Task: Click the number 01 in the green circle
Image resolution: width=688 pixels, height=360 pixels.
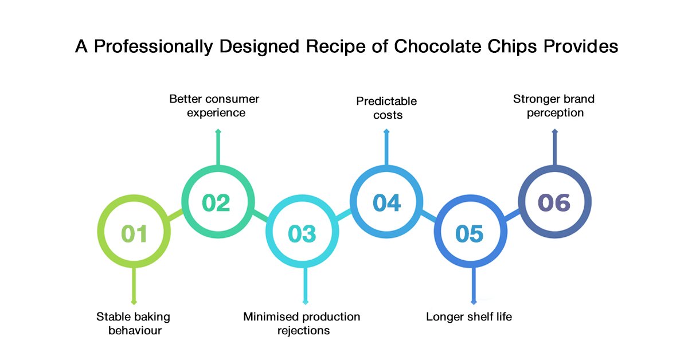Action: [134, 234]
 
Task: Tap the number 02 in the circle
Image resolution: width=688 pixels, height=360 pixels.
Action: [216, 203]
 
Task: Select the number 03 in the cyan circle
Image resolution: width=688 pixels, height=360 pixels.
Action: [302, 234]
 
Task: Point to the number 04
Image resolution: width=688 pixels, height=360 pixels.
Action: [386, 203]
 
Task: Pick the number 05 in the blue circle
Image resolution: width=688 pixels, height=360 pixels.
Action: [470, 234]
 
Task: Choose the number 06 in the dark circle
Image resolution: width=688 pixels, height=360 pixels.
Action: [554, 203]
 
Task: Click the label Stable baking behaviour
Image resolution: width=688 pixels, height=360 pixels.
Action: [133, 323]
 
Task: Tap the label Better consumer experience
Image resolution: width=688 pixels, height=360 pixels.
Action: [214, 105]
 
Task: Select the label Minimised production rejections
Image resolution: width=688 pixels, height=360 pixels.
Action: [302, 323]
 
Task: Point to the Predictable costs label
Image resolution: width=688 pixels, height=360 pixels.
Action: [386, 108]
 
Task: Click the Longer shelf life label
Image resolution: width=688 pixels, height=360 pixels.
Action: [469, 316]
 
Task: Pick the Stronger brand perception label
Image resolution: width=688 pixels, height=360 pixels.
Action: [554, 105]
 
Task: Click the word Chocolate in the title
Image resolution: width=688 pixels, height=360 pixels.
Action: [437, 46]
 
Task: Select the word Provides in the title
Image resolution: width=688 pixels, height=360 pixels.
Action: [581, 46]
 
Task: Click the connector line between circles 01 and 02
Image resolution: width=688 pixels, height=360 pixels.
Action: [175, 215]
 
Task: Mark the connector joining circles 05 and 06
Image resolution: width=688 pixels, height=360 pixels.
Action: [512, 216]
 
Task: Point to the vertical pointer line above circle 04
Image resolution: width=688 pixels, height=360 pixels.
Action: [386, 148]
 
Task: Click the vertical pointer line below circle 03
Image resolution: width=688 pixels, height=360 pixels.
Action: [305, 285]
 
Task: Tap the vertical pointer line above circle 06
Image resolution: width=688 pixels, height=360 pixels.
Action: [555, 148]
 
